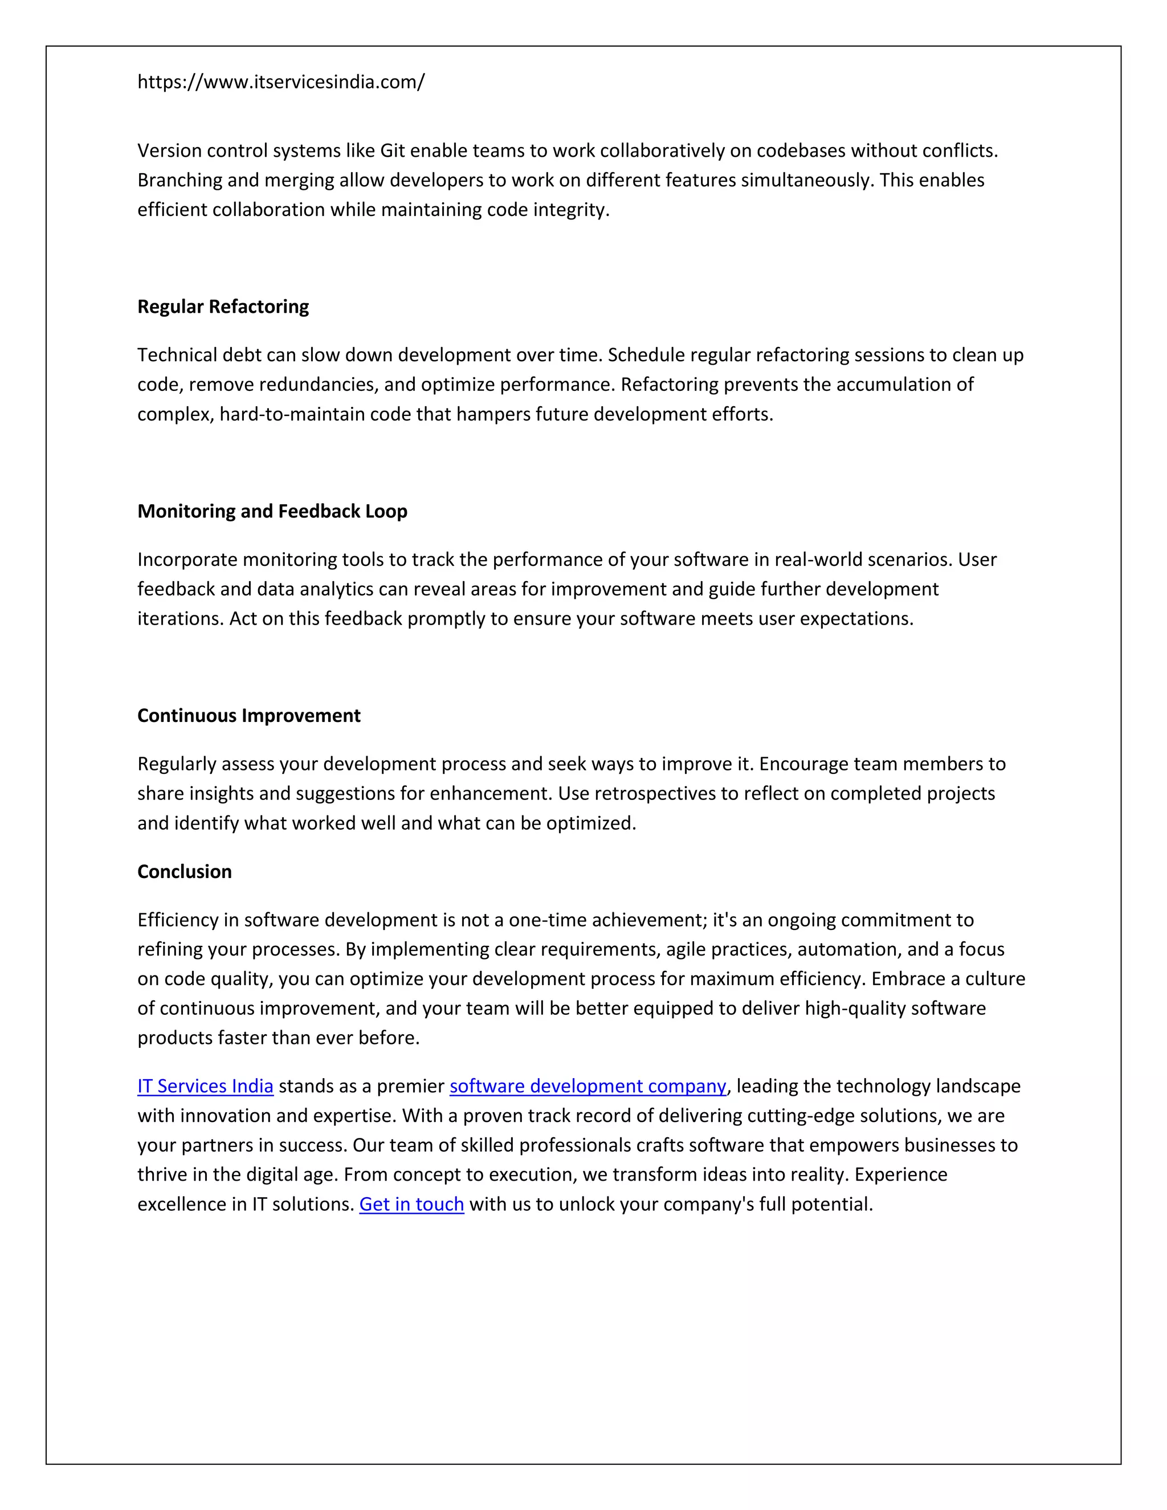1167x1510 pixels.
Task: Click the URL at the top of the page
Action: point(281,82)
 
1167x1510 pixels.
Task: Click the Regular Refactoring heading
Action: point(223,307)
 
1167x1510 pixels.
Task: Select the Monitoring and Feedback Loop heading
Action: point(272,511)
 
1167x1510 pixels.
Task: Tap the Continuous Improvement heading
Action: point(249,716)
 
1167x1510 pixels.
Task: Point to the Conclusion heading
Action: point(185,871)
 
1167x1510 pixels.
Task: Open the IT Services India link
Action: point(205,1086)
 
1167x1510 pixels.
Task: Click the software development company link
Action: point(587,1086)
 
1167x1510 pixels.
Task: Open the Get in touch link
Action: point(411,1205)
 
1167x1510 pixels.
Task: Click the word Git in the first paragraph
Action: point(392,151)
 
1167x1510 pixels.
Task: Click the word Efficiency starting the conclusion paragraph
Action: point(177,920)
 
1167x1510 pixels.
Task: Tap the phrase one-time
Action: point(538,920)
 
